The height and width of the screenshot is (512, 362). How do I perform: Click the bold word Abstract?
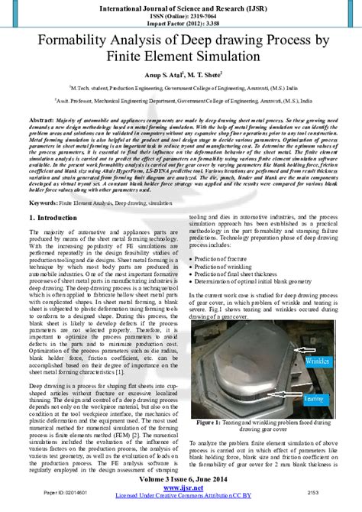coord(42,121)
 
